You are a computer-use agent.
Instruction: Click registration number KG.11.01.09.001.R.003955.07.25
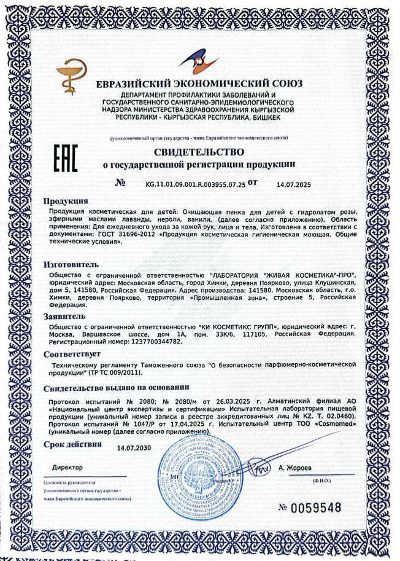(194, 183)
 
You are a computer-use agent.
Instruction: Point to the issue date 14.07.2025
(294, 184)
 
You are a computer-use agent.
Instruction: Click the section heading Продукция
(65, 202)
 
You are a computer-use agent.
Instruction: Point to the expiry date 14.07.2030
(134, 449)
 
